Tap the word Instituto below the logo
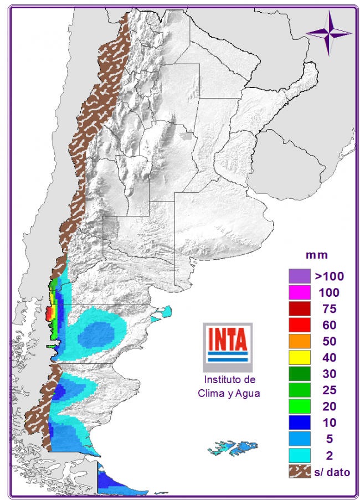pos(229,380)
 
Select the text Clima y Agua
pos(229,394)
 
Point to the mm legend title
pos(317,255)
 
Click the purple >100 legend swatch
pos(299,275)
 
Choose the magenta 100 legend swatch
pos(299,291)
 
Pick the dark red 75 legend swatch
pos(299,308)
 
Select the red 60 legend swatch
pos(299,324)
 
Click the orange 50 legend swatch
pos(299,341)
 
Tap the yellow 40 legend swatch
pos(299,357)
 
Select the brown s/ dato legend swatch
pos(299,472)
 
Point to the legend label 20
pos(330,406)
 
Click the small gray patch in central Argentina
pos(187,135)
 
